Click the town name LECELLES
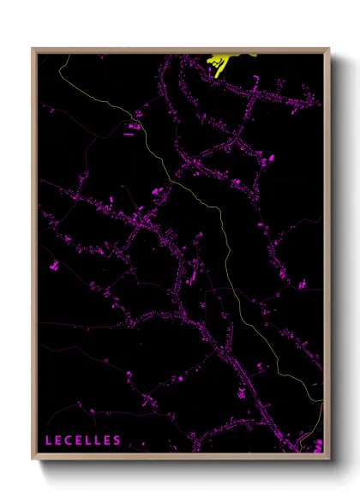click(84, 441)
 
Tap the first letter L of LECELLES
click(50, 441)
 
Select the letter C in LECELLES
click(69, 441)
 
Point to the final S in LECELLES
click(117, 441)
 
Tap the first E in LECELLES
click(59, 441)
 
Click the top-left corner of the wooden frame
click(33, 48)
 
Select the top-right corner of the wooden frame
click(329, 48)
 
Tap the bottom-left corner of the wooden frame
click(33, 456)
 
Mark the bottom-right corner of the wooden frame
click(329, 456)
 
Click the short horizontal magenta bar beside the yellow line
click(129, 134)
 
